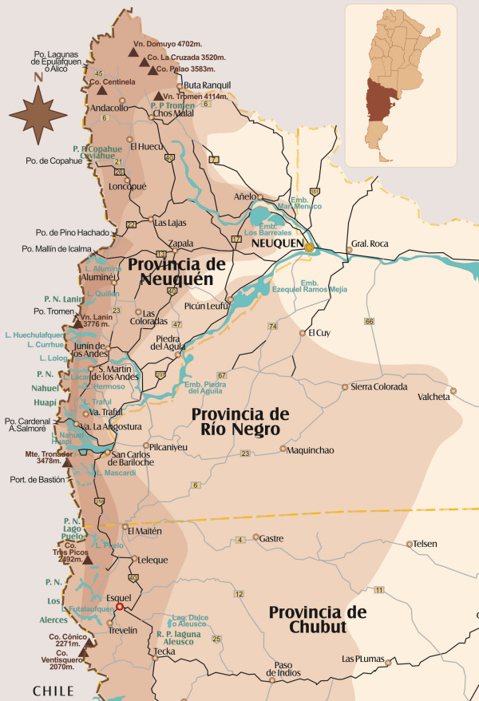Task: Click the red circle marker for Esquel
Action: pyautogui.click(x=120, y=606)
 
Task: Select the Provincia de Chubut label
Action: pyautogui.click(x=317, y=620)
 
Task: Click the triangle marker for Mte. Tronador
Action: pyautogui.click(x=68, y=462)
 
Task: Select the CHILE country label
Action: pyautogui.click(x=53, y=690)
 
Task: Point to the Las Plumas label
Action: pyautogui.click(x=363, y=659)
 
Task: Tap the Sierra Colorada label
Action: pyautogui.click(x=379, y=386)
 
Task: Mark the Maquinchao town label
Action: pyautogui.click(x=311, y=450)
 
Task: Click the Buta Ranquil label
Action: pyautogui.click(x=207, y=85)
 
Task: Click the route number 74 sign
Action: pyautogui.click(x=272, y=326)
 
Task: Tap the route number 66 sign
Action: pyautogui.click(x=368, y=321)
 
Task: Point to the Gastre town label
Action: pyautogui.click(x=271, y=538)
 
